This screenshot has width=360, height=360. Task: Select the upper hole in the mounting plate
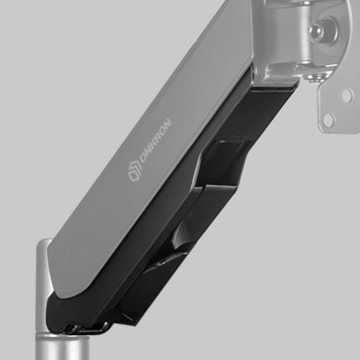tap(347, 96)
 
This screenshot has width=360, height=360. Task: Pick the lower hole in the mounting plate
tap(328, 120)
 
